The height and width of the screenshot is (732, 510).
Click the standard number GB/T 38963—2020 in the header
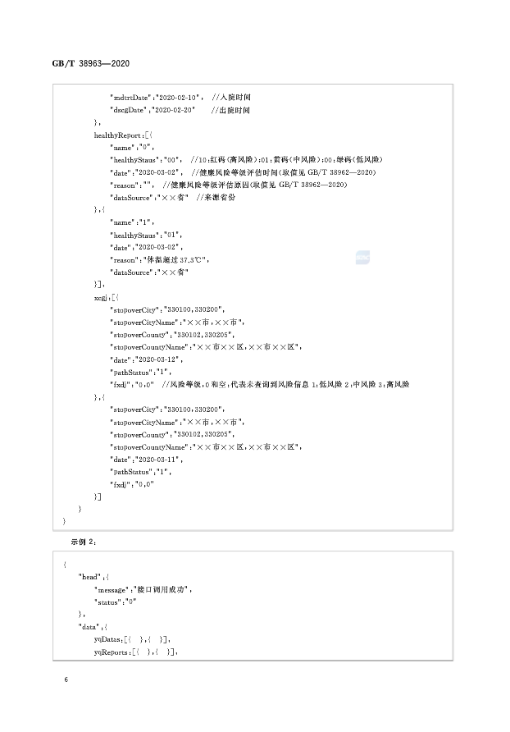pyautogui.click(x=89, y=64)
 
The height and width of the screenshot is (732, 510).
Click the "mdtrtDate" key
pyautogui.click(x=130, y=97)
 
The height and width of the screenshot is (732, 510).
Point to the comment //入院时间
pyautogui.click(x=230, y=97)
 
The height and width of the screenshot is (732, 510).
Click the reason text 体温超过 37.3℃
pyautogui.click(x=178, y=259)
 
